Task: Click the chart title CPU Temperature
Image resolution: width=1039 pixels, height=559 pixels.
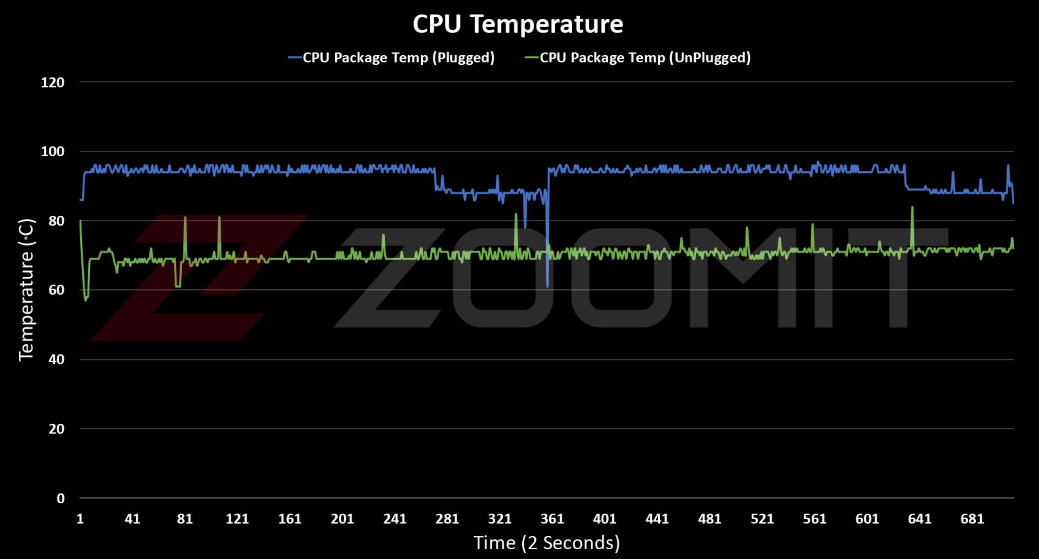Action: point(518,24)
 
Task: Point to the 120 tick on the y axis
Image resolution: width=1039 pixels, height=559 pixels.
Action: point(52,83)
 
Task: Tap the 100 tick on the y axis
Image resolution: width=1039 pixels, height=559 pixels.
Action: point(52,152)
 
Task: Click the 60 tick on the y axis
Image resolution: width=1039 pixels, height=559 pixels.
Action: point(56,290)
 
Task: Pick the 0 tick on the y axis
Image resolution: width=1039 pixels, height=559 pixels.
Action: point(61,498)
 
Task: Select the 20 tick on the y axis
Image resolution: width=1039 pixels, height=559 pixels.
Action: point(56,429)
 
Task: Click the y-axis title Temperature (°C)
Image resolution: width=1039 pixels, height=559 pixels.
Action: point(26,290)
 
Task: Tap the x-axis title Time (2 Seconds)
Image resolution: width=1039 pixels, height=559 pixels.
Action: point(547,543)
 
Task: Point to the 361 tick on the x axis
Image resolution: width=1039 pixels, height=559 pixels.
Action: point(552,519)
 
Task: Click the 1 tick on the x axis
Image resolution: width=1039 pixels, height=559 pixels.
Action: point(80,519)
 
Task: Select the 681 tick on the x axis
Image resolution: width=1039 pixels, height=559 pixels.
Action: point(972,519)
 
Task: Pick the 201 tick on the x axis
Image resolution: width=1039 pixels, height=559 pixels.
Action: point(342,519)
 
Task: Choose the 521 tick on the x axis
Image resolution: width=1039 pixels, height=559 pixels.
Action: point(762,519)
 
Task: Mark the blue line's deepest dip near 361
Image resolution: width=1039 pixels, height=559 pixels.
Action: point(548,285)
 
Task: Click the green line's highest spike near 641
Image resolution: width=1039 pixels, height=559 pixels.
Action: point(912,208)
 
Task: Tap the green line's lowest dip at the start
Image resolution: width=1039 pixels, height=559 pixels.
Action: point(86,300)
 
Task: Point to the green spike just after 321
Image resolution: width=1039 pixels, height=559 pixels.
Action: point(516,215)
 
